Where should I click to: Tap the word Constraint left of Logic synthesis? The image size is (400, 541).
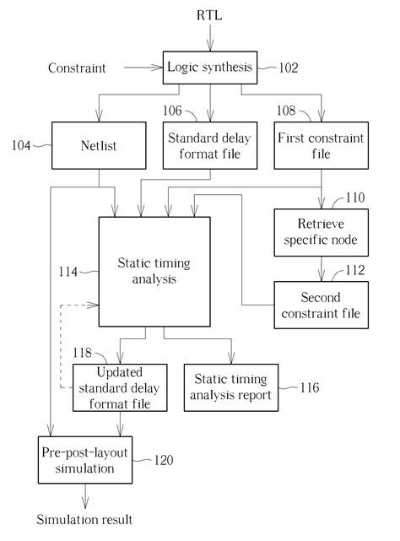tap(77, 68)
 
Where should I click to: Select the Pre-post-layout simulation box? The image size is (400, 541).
tap(83, 459)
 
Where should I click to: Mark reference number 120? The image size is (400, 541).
tap(164, 461)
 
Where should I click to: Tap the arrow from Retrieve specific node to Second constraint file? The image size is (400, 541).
tap(319, 268)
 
